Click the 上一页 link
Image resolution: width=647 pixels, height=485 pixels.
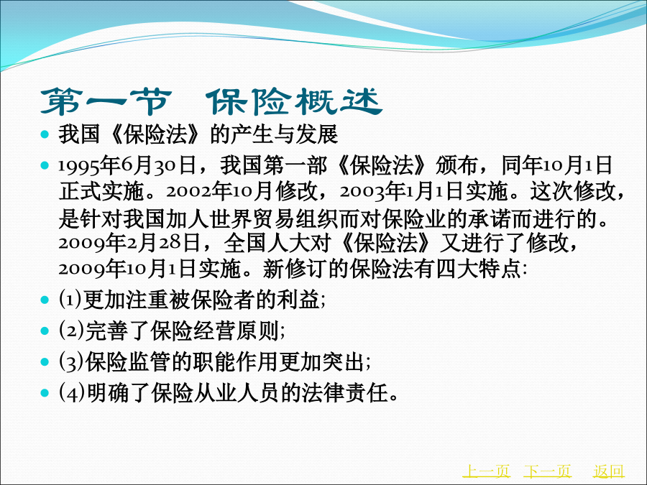click(486, 471)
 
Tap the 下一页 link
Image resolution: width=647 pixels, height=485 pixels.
click(548, 471)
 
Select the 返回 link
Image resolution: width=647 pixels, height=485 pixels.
click(609, 471)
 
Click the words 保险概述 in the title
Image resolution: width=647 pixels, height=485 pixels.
click(294, 101)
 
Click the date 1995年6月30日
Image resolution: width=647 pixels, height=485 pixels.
click(127, 165)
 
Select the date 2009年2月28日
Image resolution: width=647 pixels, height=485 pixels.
click(129, 243)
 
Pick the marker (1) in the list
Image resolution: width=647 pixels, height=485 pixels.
click(70, 299)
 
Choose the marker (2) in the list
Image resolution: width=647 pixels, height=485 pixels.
click(71, 330)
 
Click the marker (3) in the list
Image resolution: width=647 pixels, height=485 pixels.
click(71, 361)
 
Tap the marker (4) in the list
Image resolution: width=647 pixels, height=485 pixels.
click(72, 392)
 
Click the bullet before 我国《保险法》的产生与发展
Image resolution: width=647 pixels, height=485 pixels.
click(45, 134)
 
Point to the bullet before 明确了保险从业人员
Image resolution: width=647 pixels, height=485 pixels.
click(45, 392)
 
